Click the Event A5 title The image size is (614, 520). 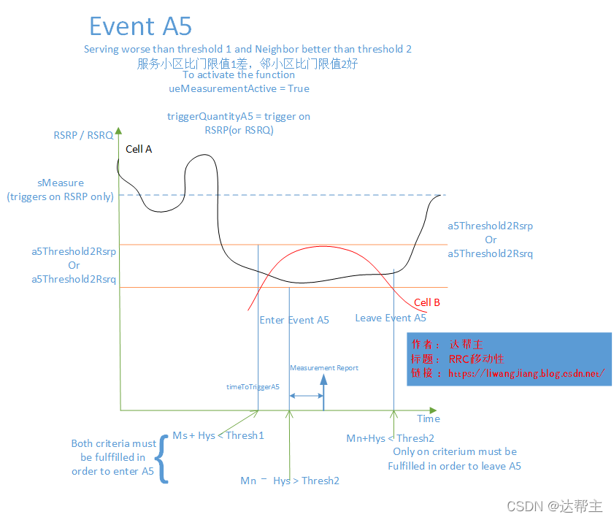coord(140,26)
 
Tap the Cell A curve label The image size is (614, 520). coord(139,149)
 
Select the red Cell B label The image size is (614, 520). coord(427,302)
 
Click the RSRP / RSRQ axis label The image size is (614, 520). coord(83,134)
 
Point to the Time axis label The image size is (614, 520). coord(429,418)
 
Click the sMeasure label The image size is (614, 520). coord(61,183)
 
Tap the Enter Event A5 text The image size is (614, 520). coord(294,320)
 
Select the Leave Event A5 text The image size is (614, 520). coord(390,318)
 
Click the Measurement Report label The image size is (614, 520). coord(324,368)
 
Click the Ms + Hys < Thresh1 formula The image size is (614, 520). coord(218,435)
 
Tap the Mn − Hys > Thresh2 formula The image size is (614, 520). coord(290,481)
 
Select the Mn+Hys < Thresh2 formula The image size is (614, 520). coord(390,438)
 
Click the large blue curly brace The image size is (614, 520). coord(164,457)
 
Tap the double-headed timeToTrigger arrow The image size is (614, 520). coord(307,396)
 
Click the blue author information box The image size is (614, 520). coord(509,359)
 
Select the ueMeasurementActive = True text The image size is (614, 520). coord(239,88)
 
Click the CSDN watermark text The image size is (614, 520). coord(554,505)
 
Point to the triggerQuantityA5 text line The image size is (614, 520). coord(239,117)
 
